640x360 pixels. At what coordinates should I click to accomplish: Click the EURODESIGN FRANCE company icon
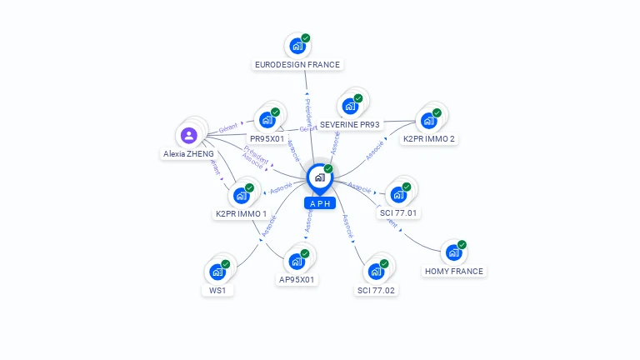296,47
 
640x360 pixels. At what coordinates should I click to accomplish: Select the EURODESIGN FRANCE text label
297,64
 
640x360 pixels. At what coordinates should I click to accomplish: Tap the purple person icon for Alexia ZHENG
189,136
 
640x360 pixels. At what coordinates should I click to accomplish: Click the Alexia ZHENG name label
188,154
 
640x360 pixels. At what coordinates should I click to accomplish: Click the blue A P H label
320,203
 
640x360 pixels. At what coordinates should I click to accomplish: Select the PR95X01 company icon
267,119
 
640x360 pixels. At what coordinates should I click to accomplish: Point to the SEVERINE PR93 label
350,124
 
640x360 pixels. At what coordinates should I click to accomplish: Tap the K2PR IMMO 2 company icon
428,120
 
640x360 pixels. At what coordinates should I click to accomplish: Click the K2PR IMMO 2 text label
429,138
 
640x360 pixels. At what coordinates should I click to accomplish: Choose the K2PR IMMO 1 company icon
241,195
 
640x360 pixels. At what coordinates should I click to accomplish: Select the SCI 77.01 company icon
397,195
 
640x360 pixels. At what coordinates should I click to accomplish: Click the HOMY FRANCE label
453,271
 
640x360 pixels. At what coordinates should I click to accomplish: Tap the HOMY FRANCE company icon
452,252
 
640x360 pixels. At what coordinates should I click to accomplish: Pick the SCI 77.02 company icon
376,271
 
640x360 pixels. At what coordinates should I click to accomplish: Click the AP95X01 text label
297,280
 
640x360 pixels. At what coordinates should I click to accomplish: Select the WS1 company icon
217,272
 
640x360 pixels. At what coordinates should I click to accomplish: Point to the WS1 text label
217,291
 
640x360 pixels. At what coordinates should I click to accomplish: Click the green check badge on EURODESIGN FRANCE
306,38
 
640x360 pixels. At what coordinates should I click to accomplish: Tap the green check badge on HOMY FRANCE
462,245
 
